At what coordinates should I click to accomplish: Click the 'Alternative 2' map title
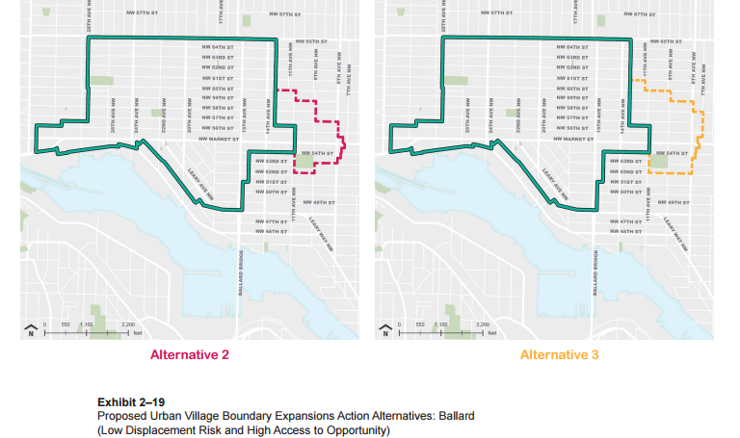[189, 355]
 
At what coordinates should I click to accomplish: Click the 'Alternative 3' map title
[559, 355]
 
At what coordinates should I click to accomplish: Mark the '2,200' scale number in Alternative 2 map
[128, 324]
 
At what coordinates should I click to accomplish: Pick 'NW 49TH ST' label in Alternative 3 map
[674, 202]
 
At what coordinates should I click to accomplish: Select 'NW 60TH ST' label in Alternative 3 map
[572, 88]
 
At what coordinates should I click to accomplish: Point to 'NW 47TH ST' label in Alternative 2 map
[272, 221]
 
